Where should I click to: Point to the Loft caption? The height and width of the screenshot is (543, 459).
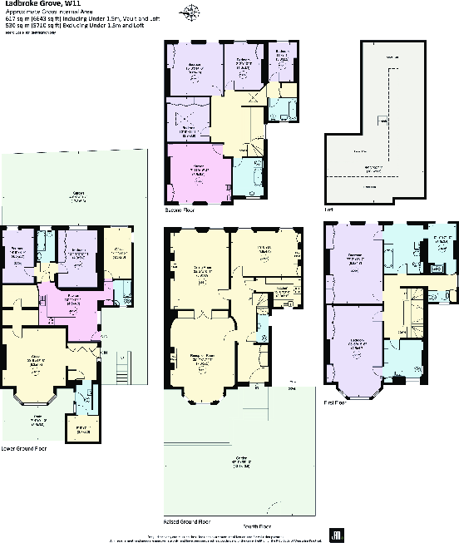point(328,210)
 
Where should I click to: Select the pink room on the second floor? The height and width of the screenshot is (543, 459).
point(198,172)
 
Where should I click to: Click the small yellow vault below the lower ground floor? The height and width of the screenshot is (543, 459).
point(80,430)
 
